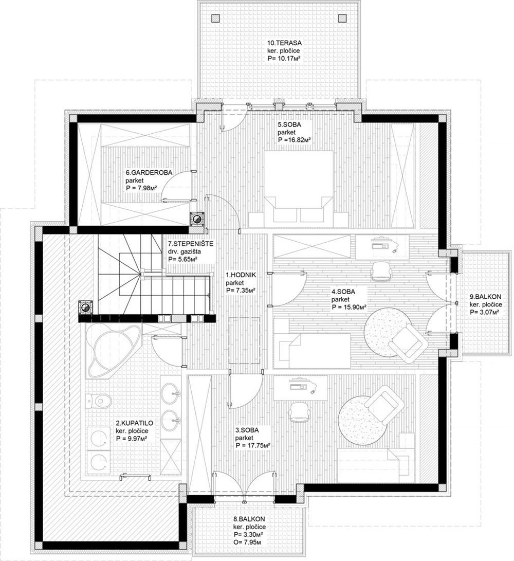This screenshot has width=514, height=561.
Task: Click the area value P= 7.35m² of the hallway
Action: [x=241, y=291]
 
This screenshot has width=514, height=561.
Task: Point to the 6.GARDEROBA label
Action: [x=149, y=172]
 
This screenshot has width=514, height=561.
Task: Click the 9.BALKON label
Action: [x=485, y=297]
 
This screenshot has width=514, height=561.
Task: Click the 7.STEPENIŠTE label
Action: [x=191, y=244]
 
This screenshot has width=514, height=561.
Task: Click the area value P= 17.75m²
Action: [x=252, y=445]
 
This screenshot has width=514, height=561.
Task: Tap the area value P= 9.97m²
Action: [x=132, y=438]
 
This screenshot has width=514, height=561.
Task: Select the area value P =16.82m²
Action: [x=293, y=140]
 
